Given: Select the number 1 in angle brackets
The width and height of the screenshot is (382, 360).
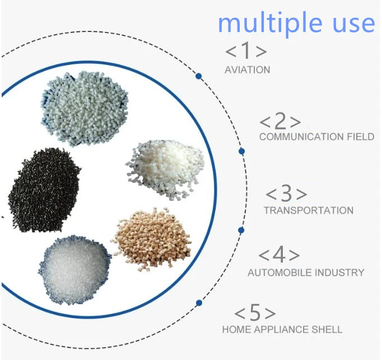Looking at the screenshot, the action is point(246,50).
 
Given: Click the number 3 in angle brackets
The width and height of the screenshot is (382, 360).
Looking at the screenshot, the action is point(287,193).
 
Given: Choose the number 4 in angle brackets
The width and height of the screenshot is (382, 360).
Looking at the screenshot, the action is point(279,255).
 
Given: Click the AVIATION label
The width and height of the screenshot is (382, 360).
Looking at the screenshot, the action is point(247,70).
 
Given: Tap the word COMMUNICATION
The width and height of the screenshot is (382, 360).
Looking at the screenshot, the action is point(301,137).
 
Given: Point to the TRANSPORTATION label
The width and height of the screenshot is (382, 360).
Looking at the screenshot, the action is point(309,211).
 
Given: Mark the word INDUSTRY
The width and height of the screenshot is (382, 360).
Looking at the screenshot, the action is point(338,272).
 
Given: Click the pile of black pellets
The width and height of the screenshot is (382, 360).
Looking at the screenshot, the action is point(43,190).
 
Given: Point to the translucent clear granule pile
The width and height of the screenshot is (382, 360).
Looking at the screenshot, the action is point(74,269).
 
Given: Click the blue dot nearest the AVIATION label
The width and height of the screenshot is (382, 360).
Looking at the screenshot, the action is point(198,76).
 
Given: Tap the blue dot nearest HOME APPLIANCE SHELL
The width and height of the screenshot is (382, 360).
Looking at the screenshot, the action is point(199,303).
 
